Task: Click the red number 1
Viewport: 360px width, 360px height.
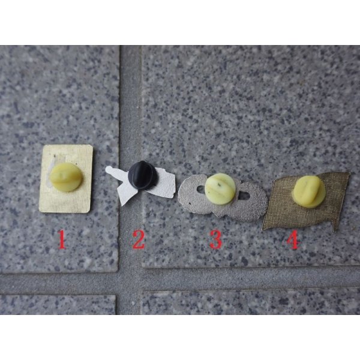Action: click(62, 239)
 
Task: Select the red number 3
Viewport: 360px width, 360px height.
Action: click(216, 239)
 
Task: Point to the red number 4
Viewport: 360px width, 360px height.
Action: click(293, 239)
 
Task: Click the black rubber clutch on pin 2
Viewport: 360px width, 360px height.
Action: click(142, 175)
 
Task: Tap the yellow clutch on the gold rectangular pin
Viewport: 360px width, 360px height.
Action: click(66, 177)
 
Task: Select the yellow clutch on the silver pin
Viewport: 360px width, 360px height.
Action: click(220, 189)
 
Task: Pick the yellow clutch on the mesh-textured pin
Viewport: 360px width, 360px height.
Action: click(309, 192)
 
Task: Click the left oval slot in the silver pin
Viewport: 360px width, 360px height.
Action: click(200, 190)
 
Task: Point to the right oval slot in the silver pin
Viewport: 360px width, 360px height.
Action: click(243, 196)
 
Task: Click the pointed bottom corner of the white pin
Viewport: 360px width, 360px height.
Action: click(122, 204)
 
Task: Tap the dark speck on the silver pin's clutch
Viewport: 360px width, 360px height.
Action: click(219, 184)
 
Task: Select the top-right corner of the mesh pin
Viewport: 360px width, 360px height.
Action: click(349, 173)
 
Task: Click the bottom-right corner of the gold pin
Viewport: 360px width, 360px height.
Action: click(89, 212)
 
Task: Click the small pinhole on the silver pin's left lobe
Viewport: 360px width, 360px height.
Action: click(190, 203)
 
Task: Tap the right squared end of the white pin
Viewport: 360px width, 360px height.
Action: click(173, 186)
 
